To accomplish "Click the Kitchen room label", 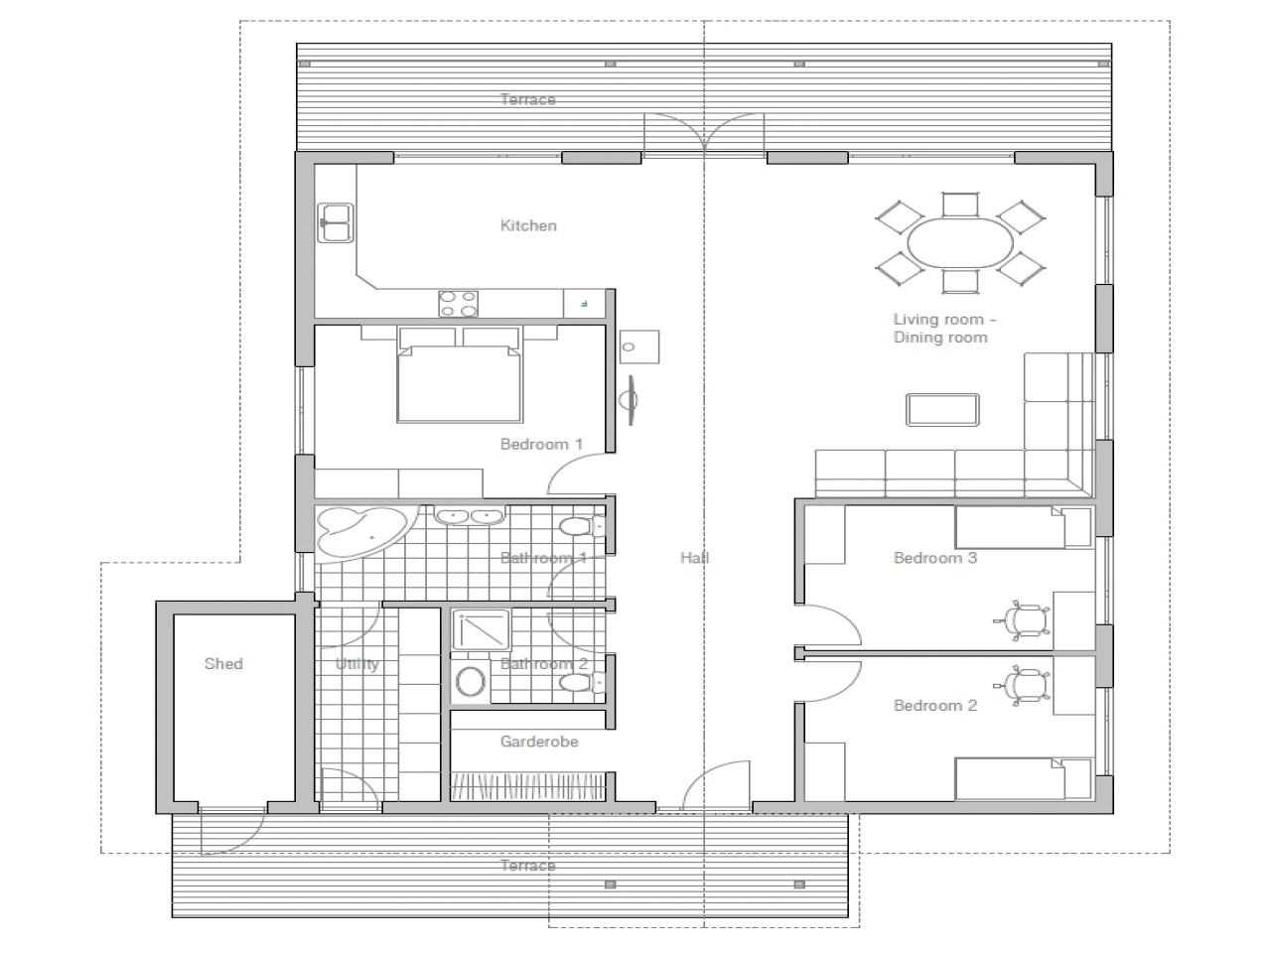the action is (x=528, y=225).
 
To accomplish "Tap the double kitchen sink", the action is (x=336, y=222).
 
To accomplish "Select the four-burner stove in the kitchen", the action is (x=459, y=304).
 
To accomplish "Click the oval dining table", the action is (x=960, y=243).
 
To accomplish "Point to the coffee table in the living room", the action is (x=942, y=410).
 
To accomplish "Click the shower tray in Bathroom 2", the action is (x=481, y=629).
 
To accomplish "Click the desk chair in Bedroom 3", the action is (x=1023, y=620).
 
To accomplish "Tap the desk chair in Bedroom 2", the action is (x=1023, y=686).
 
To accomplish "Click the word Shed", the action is (x=223, y=664).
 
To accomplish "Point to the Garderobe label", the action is (x=539, y=742).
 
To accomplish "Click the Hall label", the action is (x=694, y=558).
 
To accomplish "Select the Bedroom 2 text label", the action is (x=935, y=706).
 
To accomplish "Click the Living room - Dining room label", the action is (x=944, y=328).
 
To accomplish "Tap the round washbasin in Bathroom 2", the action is (x=471, y=682).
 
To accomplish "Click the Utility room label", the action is (x=356, y=664).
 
